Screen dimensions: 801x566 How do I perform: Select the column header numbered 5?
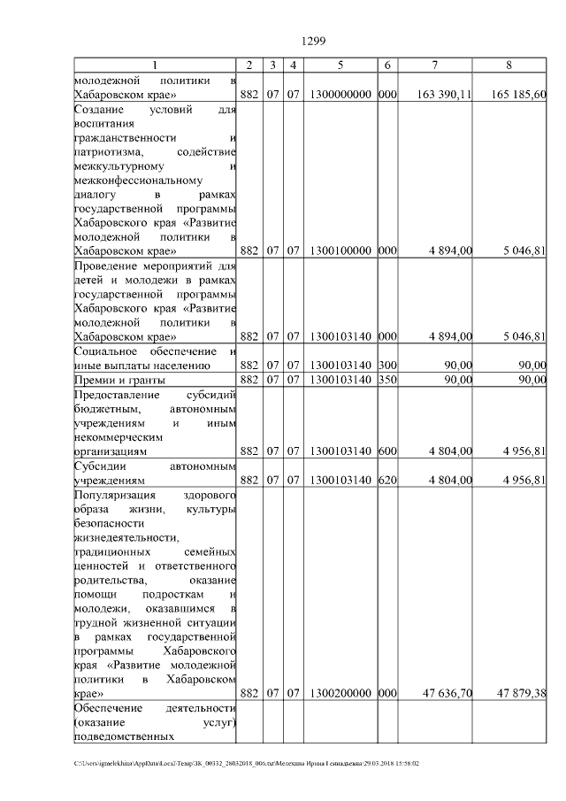340,65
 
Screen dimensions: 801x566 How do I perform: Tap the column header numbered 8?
509,65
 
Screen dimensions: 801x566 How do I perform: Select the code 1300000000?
340,95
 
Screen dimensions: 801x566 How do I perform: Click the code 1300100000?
340,250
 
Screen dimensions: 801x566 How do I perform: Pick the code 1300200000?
340,693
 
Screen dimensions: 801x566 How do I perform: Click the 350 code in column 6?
386,380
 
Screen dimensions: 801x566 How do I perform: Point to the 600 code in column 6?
386,451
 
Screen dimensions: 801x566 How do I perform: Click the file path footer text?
247,763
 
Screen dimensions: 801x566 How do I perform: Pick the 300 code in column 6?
386,365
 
